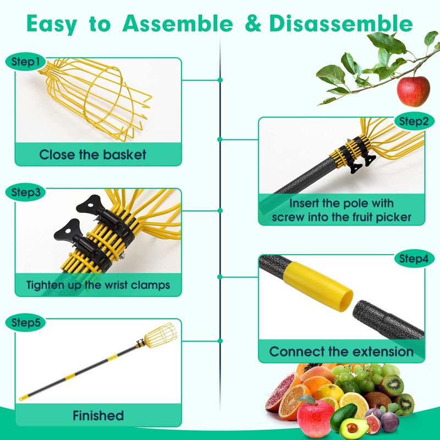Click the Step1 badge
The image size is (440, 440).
(26, 62)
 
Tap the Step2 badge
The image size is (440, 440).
(413, 121)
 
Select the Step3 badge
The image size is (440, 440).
(26, 193)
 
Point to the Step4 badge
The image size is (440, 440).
(413, 258)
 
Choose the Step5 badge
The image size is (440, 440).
(26, 323)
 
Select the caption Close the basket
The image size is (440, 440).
(93, 154)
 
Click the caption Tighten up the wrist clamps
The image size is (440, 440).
(98, 285)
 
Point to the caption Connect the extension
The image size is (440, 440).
(341, 351)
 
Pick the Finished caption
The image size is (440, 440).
(98, 415)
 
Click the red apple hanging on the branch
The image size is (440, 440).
(413, 91)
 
